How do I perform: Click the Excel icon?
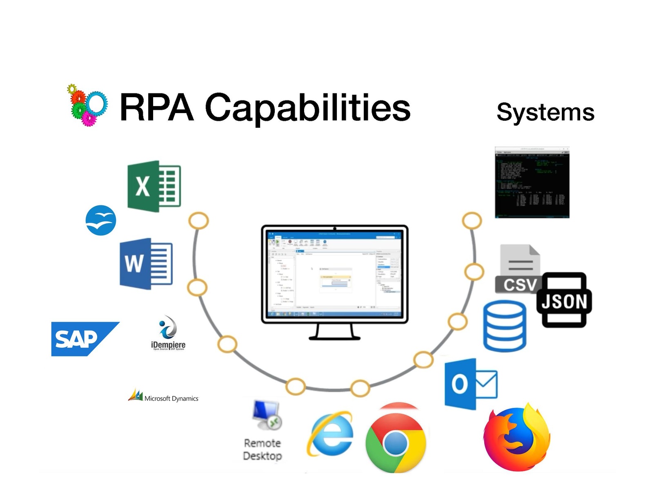pyautogui.click(x=154, y=186)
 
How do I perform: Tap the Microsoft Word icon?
pyautogui.click(x=146, y=264)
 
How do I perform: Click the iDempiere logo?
pyautogui.click(x=168, y=333)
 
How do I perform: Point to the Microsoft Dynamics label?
pyautogui.click(x=171, y=398)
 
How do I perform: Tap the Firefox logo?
pyautogui.click(x=516, y=438)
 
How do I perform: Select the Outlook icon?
pyautogui.click(x=470, y=384)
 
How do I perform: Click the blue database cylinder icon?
pyautogui.click(x=505, y=326)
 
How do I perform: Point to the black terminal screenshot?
pyautogui.click(x=532, y=182)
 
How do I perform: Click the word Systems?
pyautogui.click(x=545, y=112)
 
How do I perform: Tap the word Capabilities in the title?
pyautogui.click(x=307, y=108)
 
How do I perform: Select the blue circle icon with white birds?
pyautogui.click(x=101, y=220)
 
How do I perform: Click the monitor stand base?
pyautogui.click(x=334, y=337)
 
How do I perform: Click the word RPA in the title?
pyautogui.click(x=156, y=108)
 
